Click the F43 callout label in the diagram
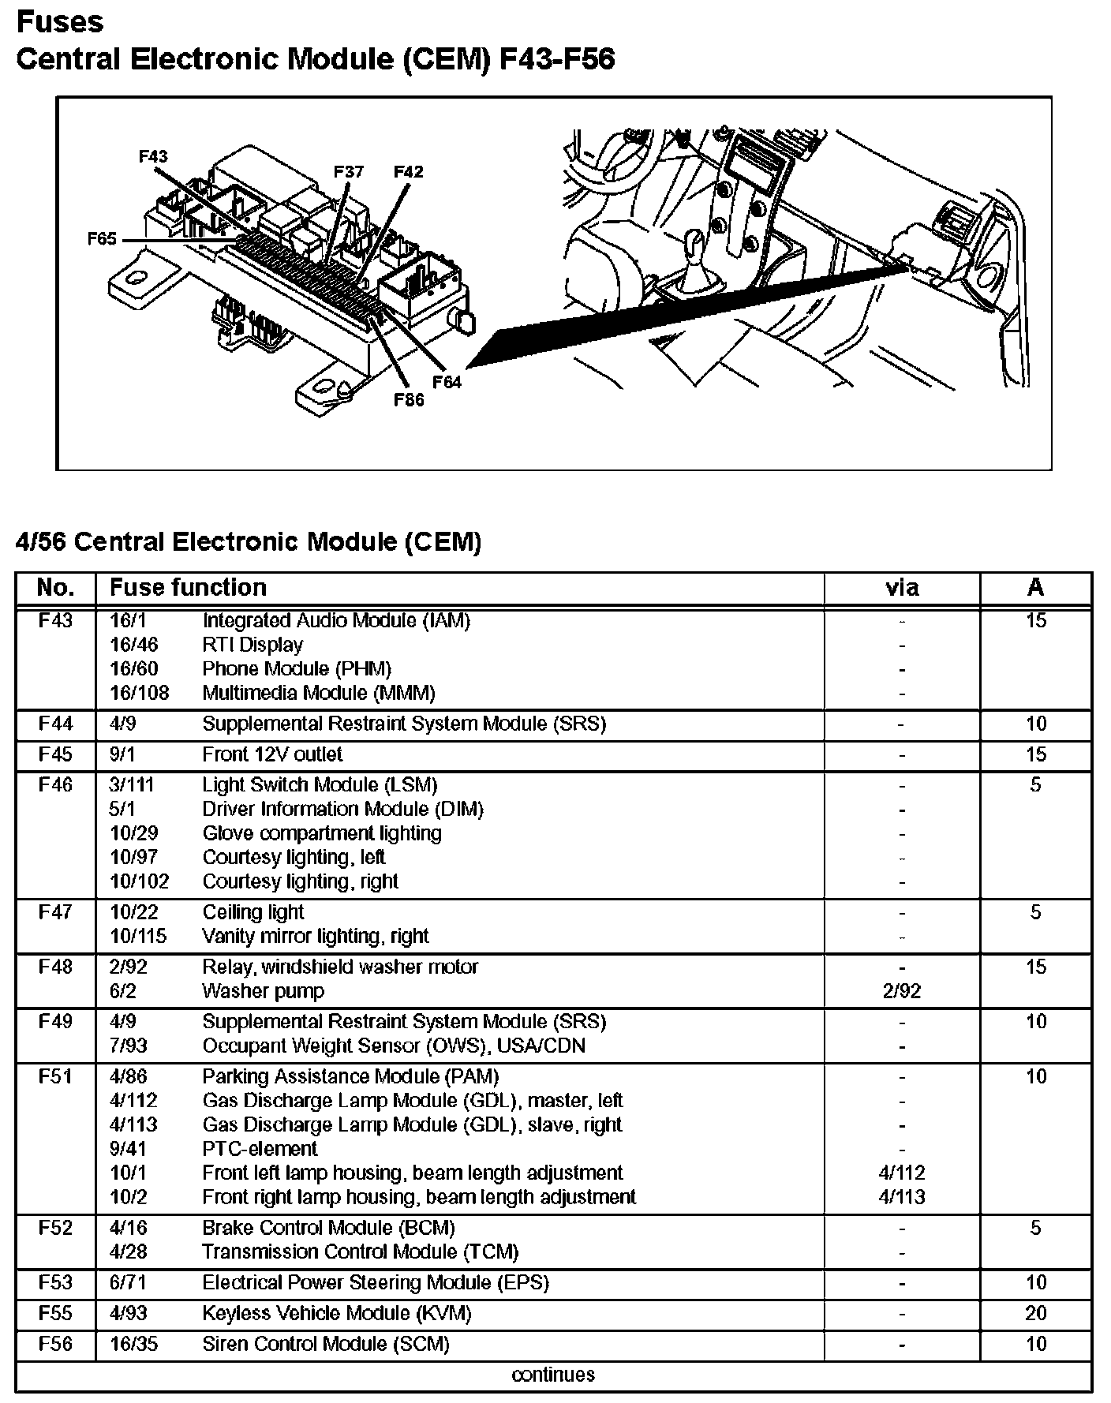coord(153,156)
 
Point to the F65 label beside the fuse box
coord(102,239)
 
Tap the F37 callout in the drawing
coord(348,171)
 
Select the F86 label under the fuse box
coord(409,399)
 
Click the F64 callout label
coord(447,382)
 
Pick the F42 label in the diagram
coord(408,171)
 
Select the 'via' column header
coord(902,588)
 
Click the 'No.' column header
coord(55,588)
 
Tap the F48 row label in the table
coord(55,967)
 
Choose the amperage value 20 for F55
coord(1036,1314)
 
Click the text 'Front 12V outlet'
coord(272,754)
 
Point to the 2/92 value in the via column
coord(902,991)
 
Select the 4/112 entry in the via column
coord(902,1173)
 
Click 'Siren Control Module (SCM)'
coord(326,1344)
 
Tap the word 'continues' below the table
coord(553,1375)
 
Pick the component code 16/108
coord(139,693)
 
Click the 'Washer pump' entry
coord(263,991)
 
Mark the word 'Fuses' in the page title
coord(60,22)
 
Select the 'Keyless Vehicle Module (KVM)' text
coord(337,1314)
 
